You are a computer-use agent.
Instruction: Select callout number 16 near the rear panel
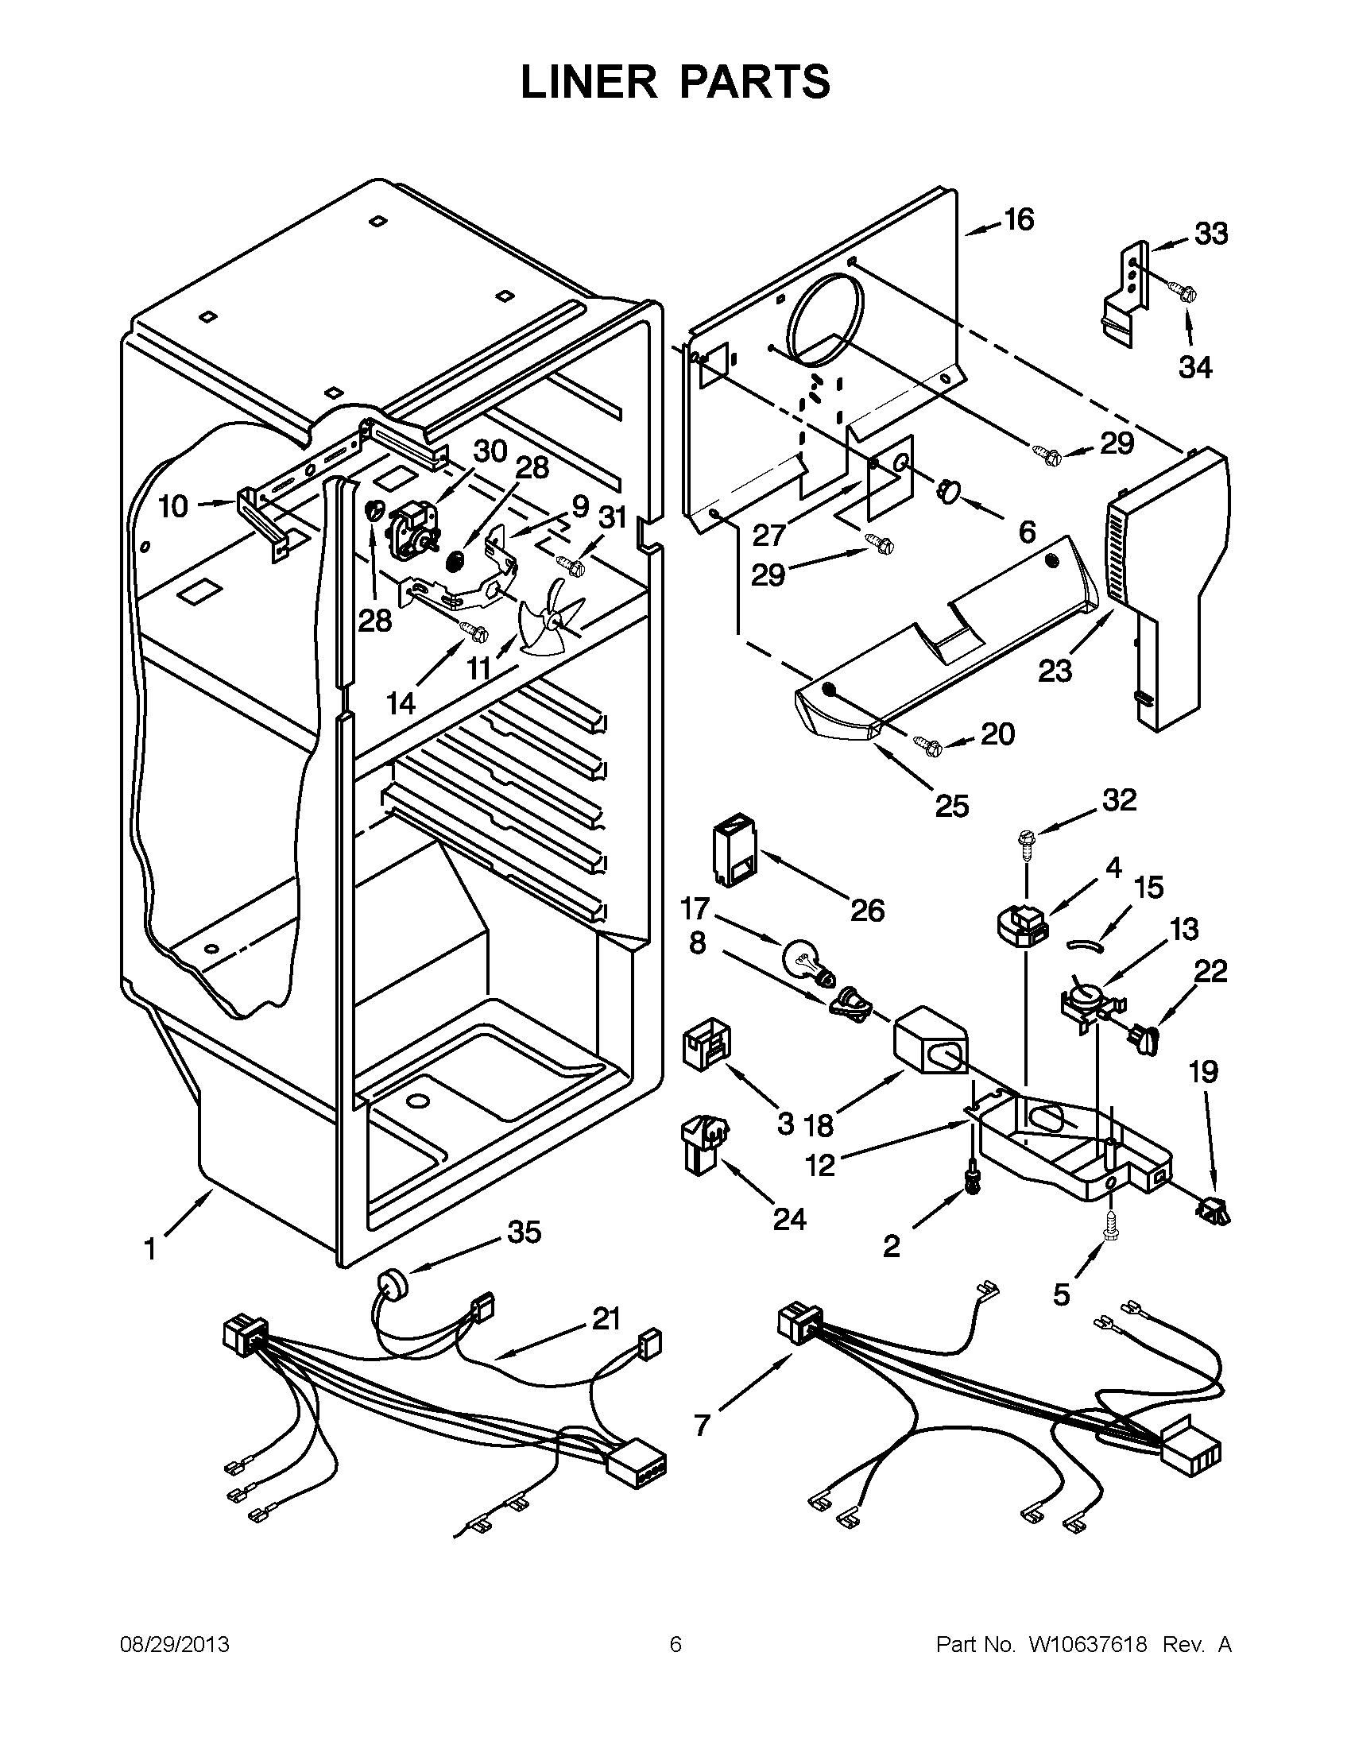1019,219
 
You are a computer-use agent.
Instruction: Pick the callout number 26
867,910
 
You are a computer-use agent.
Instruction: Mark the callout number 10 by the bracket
173,506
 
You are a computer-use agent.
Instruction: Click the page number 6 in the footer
675,1645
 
